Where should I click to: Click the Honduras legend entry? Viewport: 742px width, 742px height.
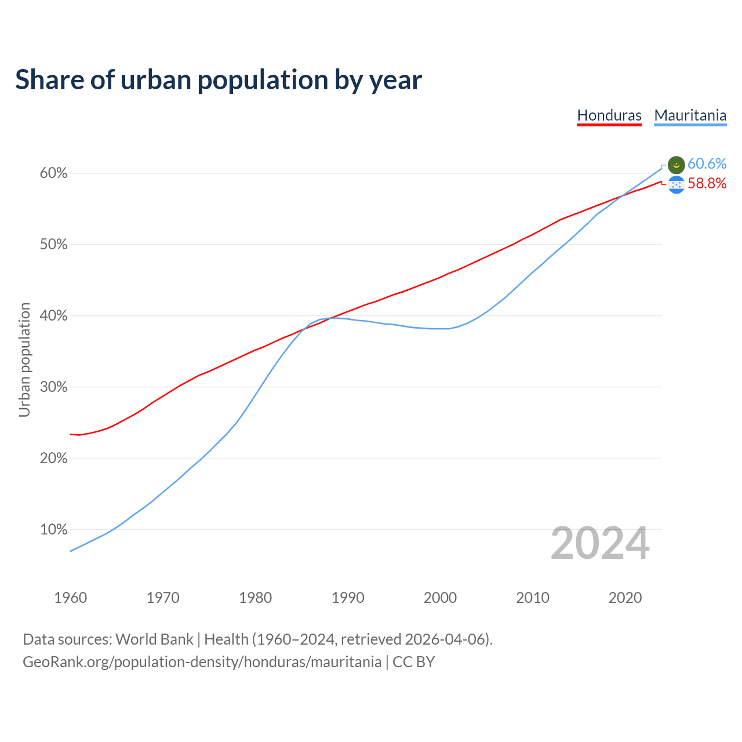[x=609, y=115]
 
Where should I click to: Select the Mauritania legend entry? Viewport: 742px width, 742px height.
[x=690, y=115]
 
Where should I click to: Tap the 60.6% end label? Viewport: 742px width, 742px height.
[x=707, y=164]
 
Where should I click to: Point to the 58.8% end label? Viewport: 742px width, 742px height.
[x=707, y=184]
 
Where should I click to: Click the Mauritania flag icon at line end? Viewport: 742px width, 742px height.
[x=676, y=165]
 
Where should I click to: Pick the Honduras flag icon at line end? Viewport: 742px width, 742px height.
[x=676, y=185]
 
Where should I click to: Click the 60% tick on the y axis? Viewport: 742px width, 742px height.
[x=53, y=173]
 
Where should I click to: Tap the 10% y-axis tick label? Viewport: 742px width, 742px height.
[x=53, y=530]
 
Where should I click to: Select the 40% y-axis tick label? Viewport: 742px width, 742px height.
[x=53, y=316]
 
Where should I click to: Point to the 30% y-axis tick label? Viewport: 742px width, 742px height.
[x=53, y=387]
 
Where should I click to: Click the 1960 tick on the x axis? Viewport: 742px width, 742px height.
[x=70, y=598]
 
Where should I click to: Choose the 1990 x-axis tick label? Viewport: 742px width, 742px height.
[x=348, y=598]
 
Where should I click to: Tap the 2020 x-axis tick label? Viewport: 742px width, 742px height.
[x=625, y=598]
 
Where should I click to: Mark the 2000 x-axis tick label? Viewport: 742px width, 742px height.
[x=440, y=598]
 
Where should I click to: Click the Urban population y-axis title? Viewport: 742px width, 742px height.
[x=24, y=359]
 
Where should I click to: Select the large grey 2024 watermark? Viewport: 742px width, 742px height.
[x=600, y=544]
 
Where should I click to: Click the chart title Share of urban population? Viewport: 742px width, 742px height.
[x=219, y=80]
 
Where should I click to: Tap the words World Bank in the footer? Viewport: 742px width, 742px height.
[x=154, y=639]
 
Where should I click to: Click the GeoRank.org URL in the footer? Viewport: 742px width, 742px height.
[x=202, y=662]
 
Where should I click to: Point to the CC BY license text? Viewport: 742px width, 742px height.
[x=413, y=662]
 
